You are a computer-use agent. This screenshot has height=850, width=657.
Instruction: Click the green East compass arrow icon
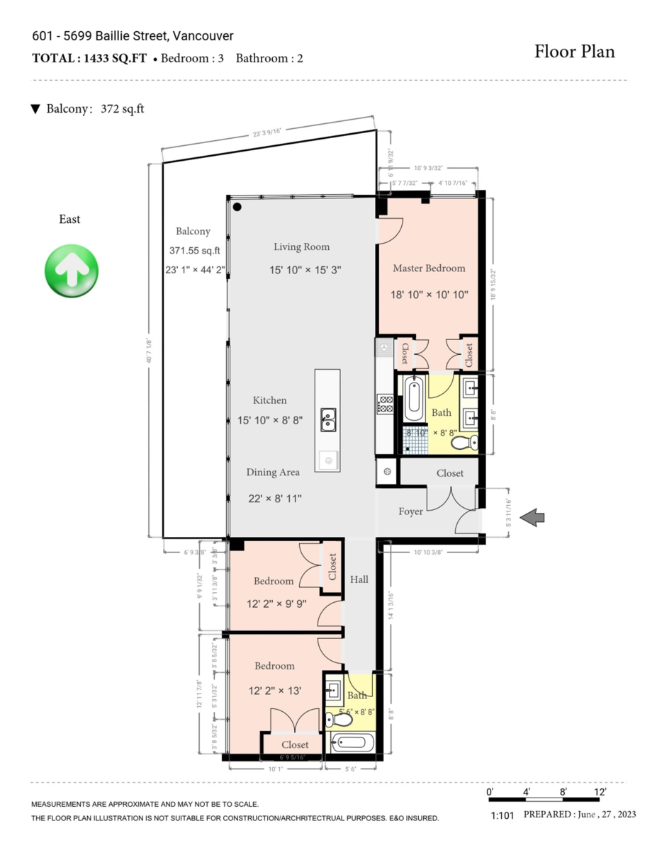point(71,271)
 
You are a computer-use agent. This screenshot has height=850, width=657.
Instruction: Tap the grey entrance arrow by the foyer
point(532,518)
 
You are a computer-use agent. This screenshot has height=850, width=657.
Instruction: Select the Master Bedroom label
point(429,268)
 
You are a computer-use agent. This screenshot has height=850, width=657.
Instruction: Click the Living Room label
point(302,247)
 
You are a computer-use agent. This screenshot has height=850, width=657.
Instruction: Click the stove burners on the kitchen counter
point(385,404)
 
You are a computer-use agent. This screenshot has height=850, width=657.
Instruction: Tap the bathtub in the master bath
point(415,399)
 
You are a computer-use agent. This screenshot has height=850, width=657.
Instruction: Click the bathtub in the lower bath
point(352,744)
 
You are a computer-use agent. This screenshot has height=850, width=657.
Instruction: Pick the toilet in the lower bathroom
point(339,720)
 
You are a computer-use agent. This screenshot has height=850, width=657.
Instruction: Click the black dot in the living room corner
point(237,207)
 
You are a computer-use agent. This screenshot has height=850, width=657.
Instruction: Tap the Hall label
point(359,579)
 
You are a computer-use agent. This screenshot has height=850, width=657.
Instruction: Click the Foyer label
point(410,511)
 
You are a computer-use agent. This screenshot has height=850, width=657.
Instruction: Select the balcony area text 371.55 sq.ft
point(195,250)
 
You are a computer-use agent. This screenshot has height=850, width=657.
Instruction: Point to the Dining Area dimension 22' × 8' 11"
point(275,499)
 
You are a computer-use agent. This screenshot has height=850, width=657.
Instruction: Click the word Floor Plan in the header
point(574,52)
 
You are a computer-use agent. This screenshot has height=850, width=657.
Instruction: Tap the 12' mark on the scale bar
point(600,791)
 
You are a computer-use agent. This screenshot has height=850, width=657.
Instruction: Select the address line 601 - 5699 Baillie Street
point(133,36)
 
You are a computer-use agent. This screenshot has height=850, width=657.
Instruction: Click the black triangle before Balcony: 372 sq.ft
point(35,109)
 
